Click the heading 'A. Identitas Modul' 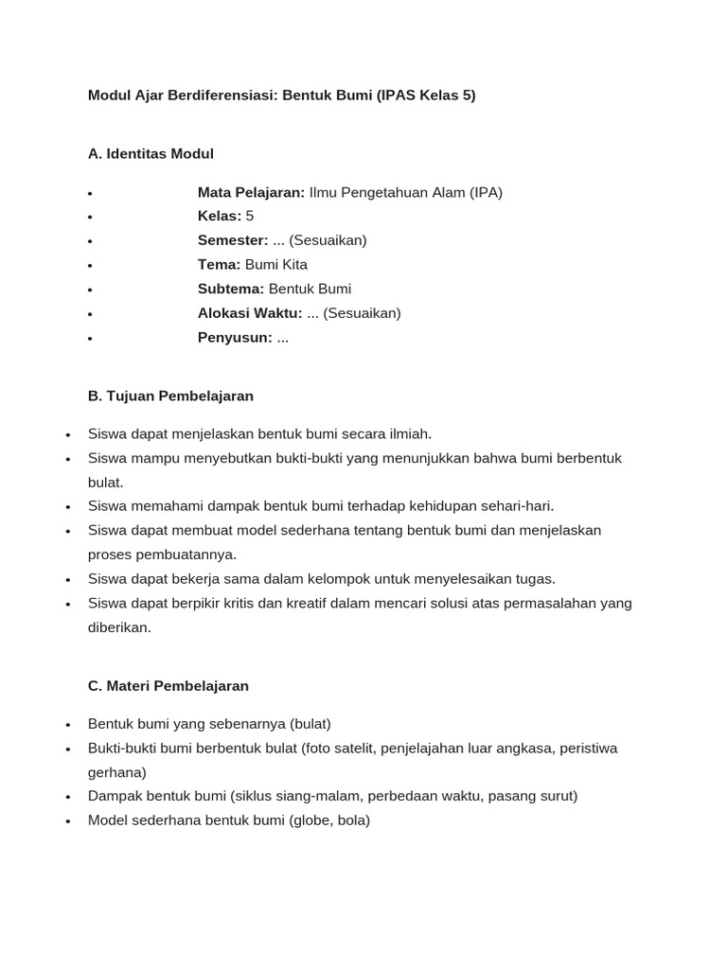tap(151, 153)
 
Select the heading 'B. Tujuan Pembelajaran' tap(170, 396)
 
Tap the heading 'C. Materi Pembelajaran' tap(168, 685)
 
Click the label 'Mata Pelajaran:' tap(251, 192)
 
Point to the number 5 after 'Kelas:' tap(250, 216)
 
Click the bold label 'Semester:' tap(233, 240)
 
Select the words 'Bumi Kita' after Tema tap(276, 265)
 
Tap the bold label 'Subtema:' tap(231, 289)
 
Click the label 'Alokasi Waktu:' tap(250, 313)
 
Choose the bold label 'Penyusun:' tap(235, 337)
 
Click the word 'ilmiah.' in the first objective tap(408, 433)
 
